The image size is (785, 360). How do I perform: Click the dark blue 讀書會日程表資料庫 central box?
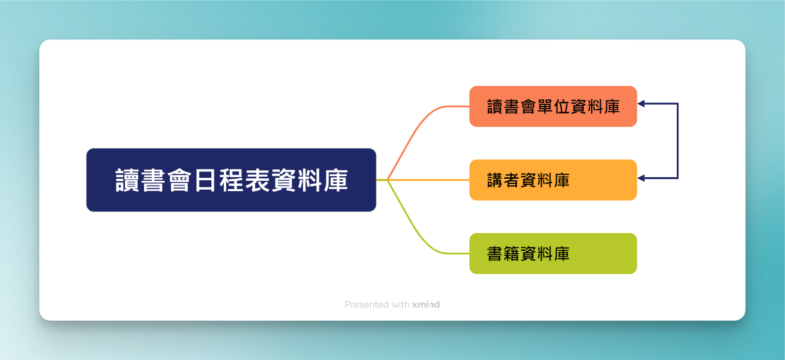231,180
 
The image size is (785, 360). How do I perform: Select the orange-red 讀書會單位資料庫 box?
553,106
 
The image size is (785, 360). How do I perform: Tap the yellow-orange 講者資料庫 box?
553,180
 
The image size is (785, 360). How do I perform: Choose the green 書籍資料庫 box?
553,253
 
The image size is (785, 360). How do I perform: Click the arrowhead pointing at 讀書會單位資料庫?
641,104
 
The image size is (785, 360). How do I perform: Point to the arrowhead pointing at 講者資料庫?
641,178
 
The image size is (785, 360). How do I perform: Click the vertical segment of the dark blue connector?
678,141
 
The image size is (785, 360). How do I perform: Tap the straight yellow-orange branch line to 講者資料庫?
428,180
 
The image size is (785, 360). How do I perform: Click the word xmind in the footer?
426,304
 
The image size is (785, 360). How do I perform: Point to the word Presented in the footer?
367,304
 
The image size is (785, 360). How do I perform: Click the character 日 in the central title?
205,180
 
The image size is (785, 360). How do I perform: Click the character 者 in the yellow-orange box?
511,180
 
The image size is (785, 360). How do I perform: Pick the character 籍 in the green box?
511,254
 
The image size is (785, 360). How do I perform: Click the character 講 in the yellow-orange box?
495,180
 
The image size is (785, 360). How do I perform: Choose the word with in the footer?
400,304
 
